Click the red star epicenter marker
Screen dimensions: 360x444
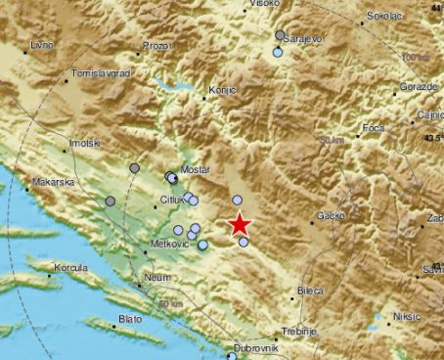pyautogui.click(x=240, y=224)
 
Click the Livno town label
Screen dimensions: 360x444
pyautogui.click(x=42, y=45)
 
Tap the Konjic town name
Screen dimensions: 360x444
pyautogui.click(x=222, y=90)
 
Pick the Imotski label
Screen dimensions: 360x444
pyautogui.click(x=84, y=144)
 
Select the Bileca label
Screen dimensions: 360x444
pyautogui.click(x=310, y=291)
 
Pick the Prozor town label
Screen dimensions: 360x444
pyautogui.click(x=155, y=46)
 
